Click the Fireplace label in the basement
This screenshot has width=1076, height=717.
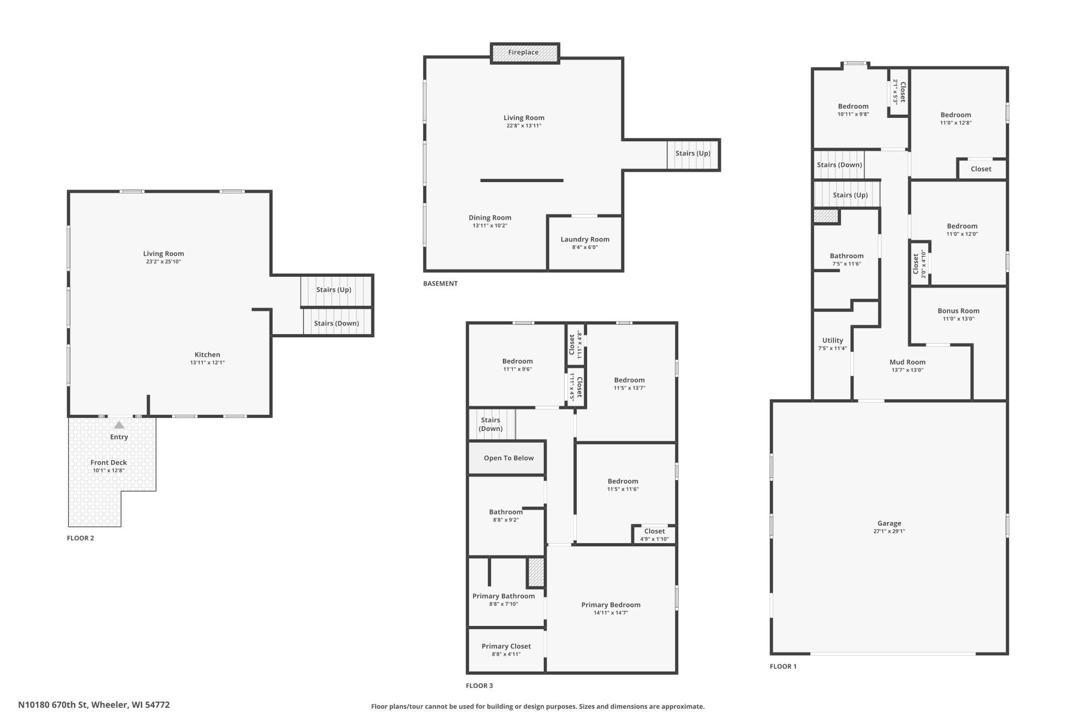[523, 52]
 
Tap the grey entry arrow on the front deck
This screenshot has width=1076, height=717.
[119, 425]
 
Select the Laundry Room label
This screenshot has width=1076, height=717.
[585, 239]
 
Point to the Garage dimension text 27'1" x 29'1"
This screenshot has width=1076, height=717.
[889, 531]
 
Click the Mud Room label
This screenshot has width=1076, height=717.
[907, 362]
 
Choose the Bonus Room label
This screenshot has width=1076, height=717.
[959, 311]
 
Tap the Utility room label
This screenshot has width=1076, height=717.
[832, 340]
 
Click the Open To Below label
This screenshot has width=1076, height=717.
[509, 458]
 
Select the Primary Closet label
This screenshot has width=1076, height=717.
[506, 646]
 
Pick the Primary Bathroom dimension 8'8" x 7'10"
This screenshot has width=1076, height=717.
[503, 604]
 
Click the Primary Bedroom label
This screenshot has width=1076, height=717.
[611, 605]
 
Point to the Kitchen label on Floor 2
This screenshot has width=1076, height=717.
[207, 354]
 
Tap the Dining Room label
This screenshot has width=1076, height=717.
[490, 218]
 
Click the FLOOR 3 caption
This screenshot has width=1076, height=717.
[480, 686]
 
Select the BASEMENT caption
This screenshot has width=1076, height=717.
[440, 283]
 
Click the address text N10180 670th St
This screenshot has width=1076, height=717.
[53, 705]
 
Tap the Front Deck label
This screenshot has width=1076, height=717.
[109, 462]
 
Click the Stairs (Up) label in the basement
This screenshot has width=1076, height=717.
[693, 153]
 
